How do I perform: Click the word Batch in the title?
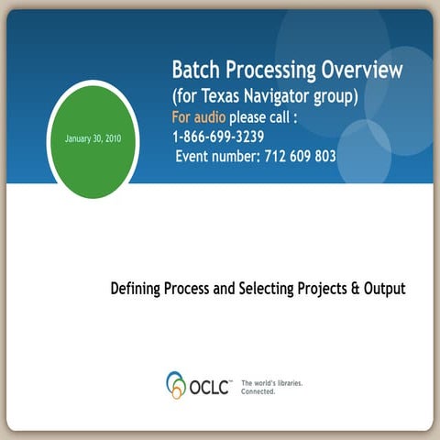194,70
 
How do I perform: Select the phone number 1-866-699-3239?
218,137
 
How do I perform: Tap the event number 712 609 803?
297,157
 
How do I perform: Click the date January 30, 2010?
93,139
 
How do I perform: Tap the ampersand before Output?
358,289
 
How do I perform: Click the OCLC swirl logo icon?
176,384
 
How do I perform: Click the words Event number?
216,157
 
